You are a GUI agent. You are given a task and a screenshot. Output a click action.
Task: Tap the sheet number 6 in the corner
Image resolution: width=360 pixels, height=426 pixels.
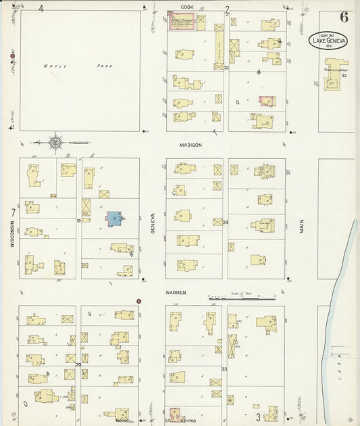click(x=344, y=18)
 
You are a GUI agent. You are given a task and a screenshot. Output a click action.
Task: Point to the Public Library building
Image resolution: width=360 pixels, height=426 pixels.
click(x=333, y=84)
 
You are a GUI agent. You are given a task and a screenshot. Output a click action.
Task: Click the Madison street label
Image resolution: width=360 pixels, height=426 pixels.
click(x=191, y=145)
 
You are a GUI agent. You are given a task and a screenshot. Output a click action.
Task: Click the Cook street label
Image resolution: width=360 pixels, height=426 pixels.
click(x=187, y=7)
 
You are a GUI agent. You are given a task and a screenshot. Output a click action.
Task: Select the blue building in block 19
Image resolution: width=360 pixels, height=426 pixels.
click(x=114, y=218)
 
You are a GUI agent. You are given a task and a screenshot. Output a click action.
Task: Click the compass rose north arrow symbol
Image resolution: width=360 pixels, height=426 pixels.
click(x=54, y=143)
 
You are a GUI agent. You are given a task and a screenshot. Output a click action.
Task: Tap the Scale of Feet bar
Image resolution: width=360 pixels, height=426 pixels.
click(x=241, y=298)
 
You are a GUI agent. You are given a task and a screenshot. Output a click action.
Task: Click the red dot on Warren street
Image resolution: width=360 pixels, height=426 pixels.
click(x=138, y=300)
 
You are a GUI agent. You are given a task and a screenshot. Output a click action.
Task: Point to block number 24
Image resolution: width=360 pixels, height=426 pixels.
click(x=226, y=222)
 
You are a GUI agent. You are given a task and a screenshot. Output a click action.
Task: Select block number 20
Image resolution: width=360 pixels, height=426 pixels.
click(x=78, y=364)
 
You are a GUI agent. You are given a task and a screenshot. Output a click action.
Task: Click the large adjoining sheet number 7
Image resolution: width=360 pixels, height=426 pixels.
click(x=13, y=213)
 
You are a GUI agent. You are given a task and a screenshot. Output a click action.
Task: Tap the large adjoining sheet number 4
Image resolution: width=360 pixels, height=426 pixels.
click(x=41, y=9)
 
